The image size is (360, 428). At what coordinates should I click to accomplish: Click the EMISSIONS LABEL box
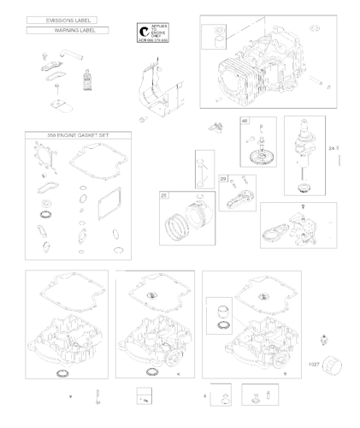(x=61, y=18)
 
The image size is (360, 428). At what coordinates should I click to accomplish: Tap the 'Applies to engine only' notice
(x=153, y=33)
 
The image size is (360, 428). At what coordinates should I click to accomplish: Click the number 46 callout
(x=245, y=120)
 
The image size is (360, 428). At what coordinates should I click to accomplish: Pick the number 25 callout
(x=163, y=195)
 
